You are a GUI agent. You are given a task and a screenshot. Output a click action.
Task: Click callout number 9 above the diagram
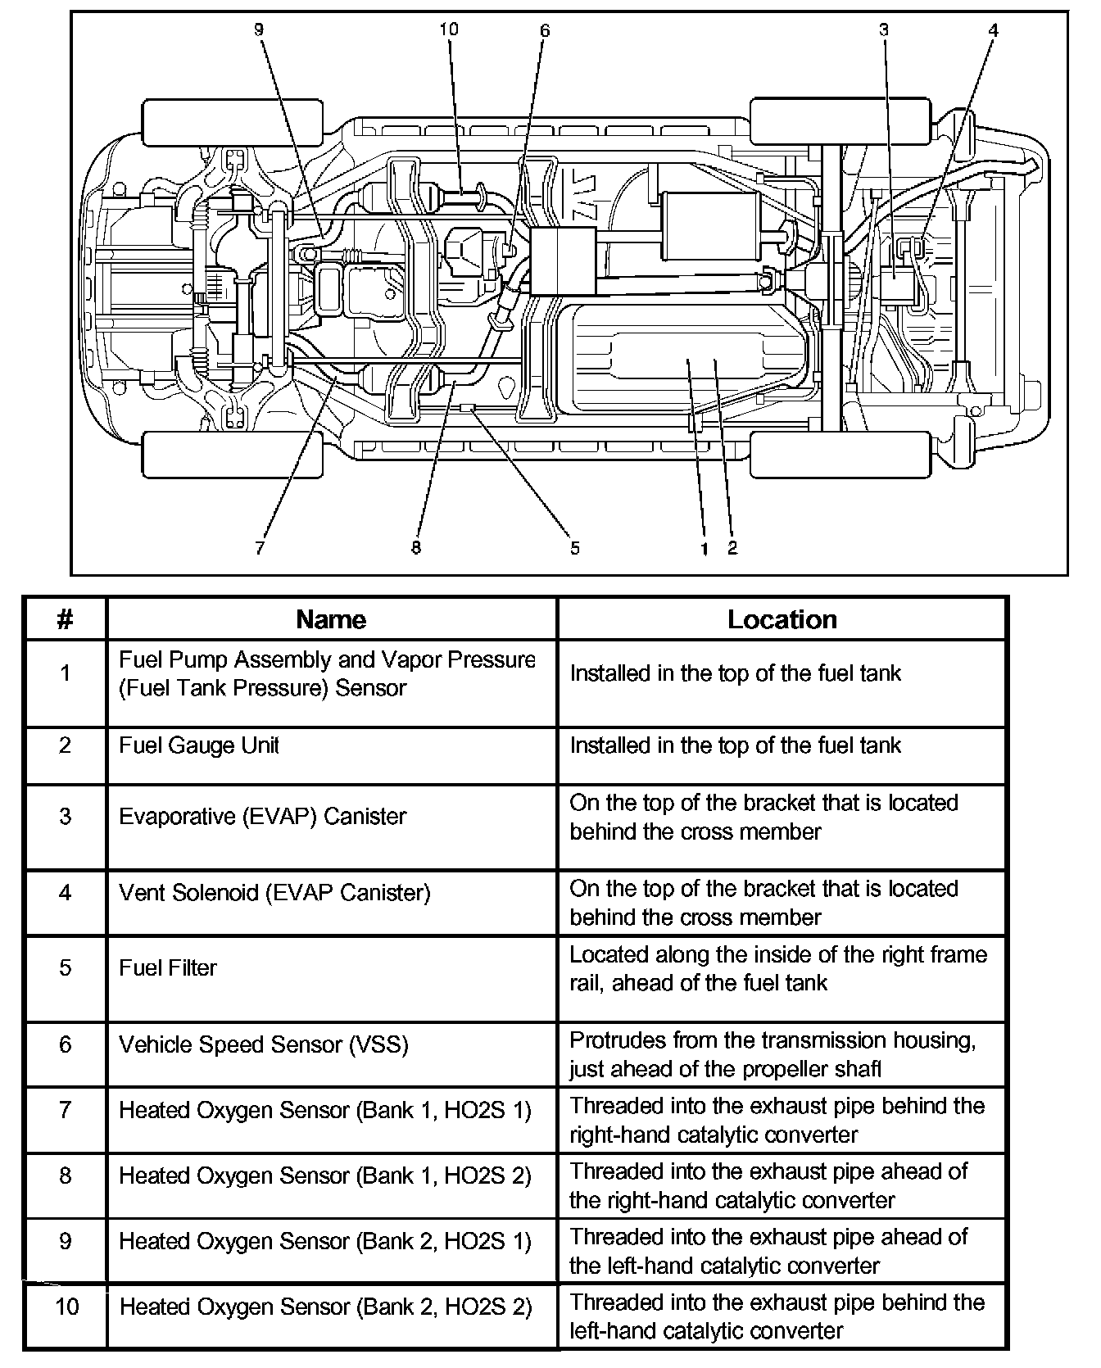(x=259, y=29)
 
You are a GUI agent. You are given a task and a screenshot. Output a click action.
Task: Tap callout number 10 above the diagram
(x=448, y=29)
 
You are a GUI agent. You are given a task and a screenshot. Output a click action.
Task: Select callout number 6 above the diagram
(x=545, y=31)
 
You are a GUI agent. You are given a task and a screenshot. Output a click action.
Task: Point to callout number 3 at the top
(x=884, y=30)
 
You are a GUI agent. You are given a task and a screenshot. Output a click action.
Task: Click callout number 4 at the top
(x=993, y=30)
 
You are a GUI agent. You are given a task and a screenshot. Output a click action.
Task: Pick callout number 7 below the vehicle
(x=260, y=548)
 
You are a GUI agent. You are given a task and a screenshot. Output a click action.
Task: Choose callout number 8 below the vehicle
(x=416, y=548)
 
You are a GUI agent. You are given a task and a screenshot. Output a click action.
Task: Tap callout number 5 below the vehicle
(x=575, y=548)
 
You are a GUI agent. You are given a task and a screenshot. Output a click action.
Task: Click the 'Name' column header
(x=331, y=619)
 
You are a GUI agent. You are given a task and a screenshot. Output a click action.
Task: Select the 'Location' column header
(x=782, y=619)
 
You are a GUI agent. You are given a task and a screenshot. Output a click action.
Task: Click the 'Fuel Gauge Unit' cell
(x=199, y=745)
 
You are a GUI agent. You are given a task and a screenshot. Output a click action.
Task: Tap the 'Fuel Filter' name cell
(x=168, y=967)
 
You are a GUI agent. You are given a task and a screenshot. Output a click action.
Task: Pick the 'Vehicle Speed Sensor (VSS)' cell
(x=263, y=1044)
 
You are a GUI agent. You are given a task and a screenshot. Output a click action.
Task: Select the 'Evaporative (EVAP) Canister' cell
(x=262, y=816)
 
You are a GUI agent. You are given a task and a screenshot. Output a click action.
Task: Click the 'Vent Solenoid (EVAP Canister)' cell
(x=274, y=892)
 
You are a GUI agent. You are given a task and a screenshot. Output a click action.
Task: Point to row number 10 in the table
(x=66, y=1305)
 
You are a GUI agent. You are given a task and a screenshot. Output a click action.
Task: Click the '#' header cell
(x=66, y=619)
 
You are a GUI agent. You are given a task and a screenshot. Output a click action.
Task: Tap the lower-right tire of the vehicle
(x=841, y=455)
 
